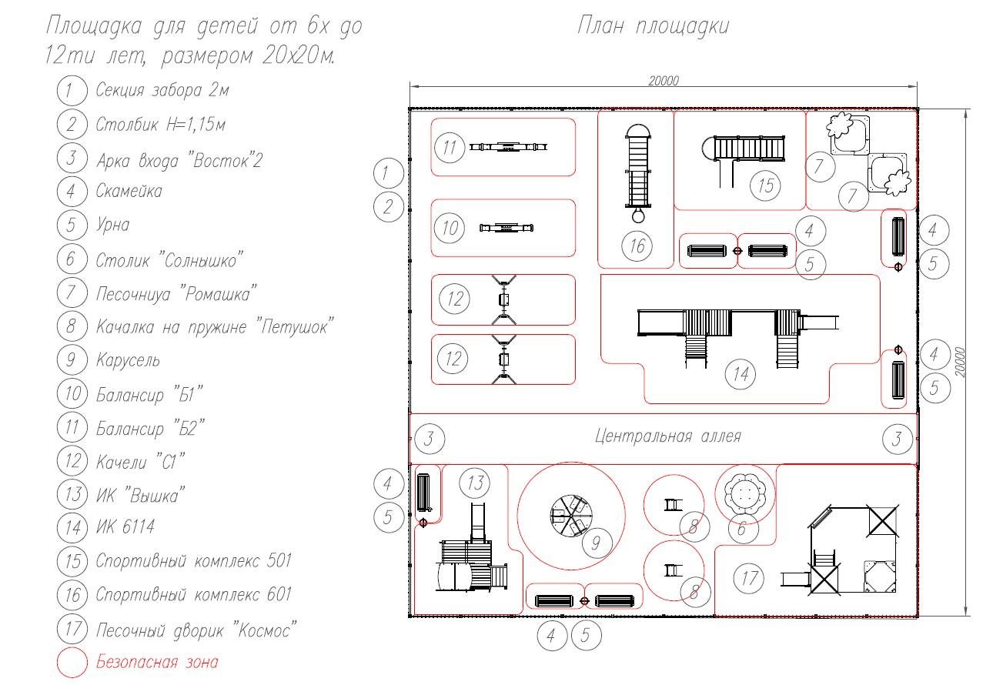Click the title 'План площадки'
(x=653, y=27)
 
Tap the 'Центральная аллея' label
(x=667, y=436)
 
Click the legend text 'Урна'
(x=112, y=225)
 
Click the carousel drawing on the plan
(x=570, y=515)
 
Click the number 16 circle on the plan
(x=637, y=246)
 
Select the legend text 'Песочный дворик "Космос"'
(x=196, y=630)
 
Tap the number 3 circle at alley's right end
(x=896, y=439)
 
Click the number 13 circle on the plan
(x=474, y=483)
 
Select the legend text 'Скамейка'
(x=129, y=191)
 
